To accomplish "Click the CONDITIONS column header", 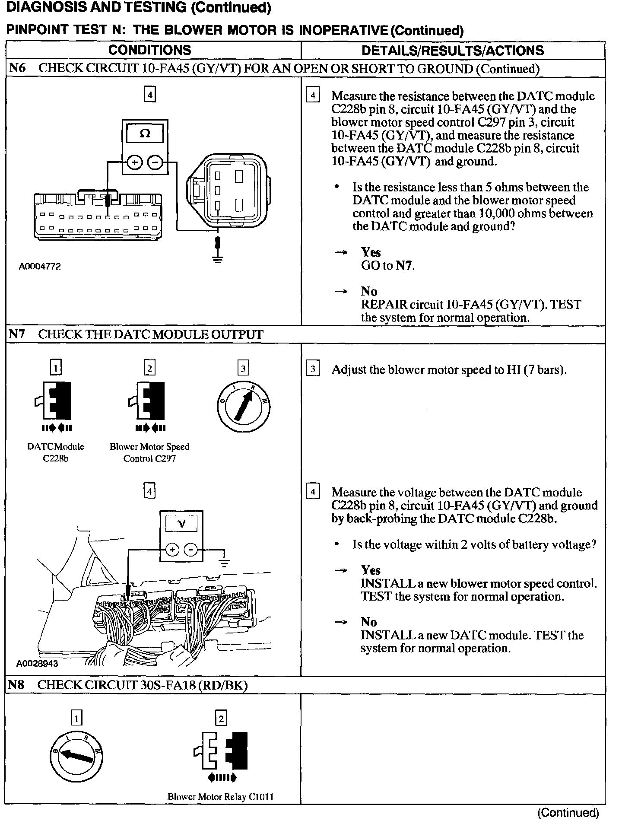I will [x=149, y=50].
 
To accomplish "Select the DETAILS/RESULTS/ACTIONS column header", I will [x=452, y=51].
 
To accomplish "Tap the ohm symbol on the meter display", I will [x=145, y=134].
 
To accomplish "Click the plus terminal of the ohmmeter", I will [x=135, y=162].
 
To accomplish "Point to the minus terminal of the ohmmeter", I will [x=155, y=162].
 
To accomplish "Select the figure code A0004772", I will [x=40, y=266].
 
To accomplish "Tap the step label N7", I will [x=17, y=334].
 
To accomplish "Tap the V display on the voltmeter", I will [x=181, y=524].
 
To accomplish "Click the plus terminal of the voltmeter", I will [x=172, y=550].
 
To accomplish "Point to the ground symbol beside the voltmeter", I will [x=224, y=563].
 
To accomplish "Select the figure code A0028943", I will [x=37, y=663].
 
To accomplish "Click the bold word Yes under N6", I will [x=371, y=252].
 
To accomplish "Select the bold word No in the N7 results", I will [x=369, y=622].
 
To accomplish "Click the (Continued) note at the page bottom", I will [x=568, y=813].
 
